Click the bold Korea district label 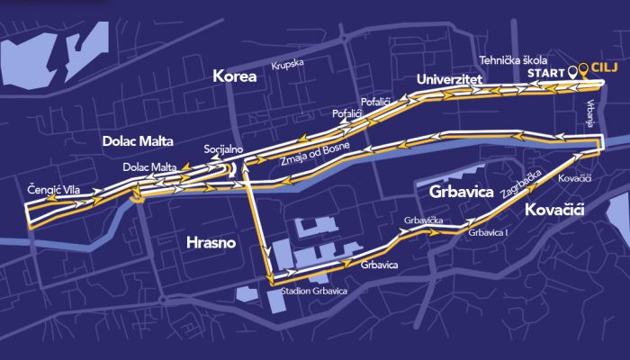pos(235,77)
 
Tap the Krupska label pos(289,64)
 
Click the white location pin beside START pos(572,69)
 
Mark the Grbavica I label pos(489,233)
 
